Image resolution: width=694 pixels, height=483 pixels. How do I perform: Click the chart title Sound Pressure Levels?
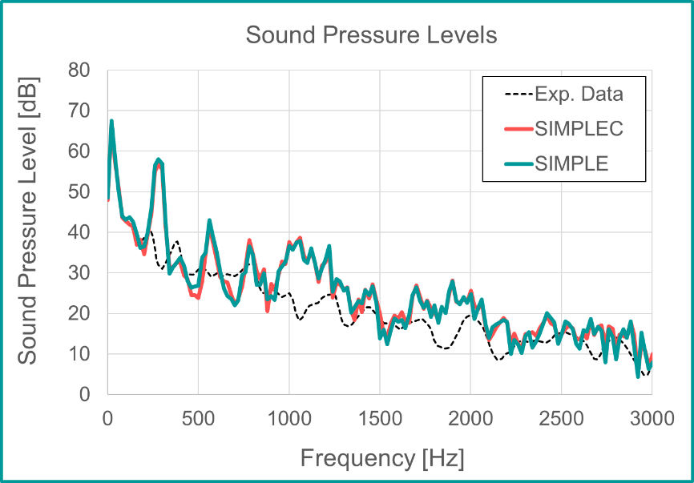pyautogui.click(x=371, y=35)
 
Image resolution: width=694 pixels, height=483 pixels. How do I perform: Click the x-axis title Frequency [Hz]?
pyautogui.click(x=382, y=458)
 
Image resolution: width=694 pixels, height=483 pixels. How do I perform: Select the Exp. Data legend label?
pyautogui.click(x=579, y=94)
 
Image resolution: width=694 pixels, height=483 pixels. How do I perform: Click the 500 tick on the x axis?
pyautogui.click(x=198, y=418)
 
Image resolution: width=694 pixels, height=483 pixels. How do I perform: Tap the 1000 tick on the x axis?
pyautogui.click(x=288, y=418)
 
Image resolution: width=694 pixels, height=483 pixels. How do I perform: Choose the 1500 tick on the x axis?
pyautogui.click(x=380, y=418)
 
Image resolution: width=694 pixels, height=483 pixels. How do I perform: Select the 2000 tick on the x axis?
pyautogui.click(x=470, y=418)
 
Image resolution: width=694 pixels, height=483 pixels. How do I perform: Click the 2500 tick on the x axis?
pyautogui.click(x=561, y=418)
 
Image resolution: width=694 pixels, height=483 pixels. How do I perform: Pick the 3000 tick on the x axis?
pyautogui.click(x=652, y=418)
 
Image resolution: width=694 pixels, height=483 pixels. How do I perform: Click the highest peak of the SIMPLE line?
pyautogui.click(x=111, y=121)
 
